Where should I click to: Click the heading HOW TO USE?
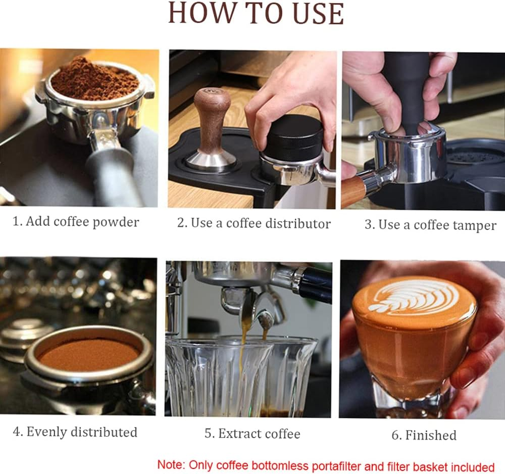click(256, 14)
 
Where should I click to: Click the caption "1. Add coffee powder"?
click(76, 221)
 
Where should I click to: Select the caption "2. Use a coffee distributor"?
click(254, 223)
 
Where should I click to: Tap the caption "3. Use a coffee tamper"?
click(430, 225)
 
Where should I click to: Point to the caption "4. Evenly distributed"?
click(75, 432)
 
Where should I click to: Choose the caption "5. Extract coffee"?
click(252, 434)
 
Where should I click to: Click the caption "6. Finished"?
click(424, 435)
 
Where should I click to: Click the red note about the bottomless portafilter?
click(326, 465)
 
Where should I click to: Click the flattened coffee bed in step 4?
click(88, 354)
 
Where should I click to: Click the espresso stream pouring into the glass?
click(244, 344)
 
